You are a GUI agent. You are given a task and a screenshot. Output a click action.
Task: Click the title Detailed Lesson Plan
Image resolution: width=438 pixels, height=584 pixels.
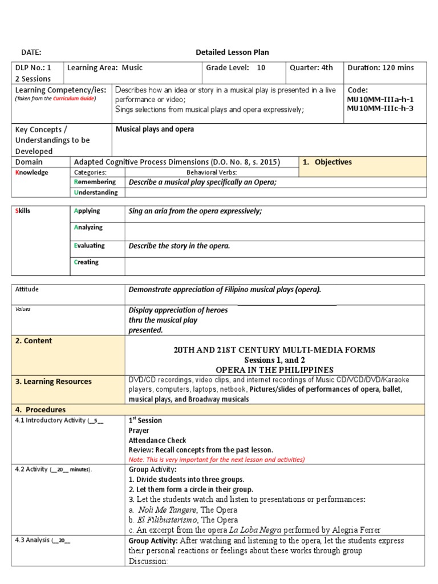(232, 52)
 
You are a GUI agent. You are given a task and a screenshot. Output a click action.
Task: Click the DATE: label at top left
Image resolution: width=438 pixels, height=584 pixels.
(31, 52)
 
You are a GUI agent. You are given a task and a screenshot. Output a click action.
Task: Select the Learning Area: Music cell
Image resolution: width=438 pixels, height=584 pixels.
(105, 68)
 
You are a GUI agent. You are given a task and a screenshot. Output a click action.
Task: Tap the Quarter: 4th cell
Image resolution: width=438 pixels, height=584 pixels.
(311, 68)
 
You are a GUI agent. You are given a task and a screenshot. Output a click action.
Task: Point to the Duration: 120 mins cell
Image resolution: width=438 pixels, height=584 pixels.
(380, 68)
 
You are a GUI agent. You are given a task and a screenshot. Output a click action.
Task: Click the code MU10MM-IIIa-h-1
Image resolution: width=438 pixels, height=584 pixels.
(380, 99)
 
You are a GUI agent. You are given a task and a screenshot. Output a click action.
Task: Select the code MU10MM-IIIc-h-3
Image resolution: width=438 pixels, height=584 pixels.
(380, 108)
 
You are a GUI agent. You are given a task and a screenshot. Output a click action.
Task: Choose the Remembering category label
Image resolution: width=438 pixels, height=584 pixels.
(95, 182)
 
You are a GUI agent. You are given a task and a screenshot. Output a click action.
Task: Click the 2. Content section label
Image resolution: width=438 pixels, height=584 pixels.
(34, 341)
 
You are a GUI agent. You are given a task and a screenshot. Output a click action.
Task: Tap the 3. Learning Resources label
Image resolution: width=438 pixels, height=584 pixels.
(53, 382)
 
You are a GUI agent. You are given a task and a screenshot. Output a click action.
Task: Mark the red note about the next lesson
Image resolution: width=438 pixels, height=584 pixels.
(217, 459)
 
